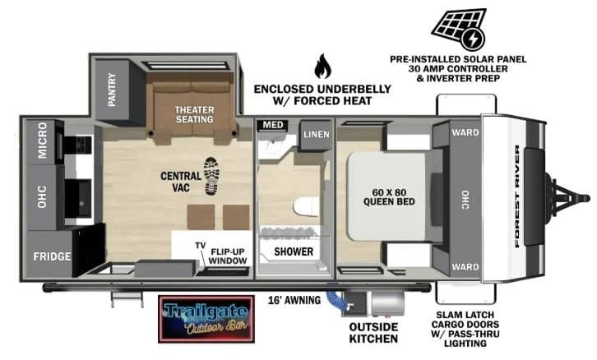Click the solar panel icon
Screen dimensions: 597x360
pos(459,29)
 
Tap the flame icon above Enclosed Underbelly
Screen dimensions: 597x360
pos(322,66)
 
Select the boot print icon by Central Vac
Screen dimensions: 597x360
pos(211,176)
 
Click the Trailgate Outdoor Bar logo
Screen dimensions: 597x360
pos(206,319)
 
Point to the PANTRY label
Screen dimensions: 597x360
pos(112,90)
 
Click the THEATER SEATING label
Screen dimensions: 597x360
pos(195,114)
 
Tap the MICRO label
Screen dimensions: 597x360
pos(42,140)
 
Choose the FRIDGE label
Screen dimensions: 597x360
pos(52,256)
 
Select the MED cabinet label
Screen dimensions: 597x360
pos(273,125)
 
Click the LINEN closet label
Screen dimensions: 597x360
pos(317,134)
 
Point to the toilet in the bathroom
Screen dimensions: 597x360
pos(306,207)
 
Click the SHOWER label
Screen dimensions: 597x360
pos(294,252)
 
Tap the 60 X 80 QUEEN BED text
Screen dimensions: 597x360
pos(389,197)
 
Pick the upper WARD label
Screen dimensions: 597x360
pos(465,133)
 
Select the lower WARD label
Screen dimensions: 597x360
pos(465,267)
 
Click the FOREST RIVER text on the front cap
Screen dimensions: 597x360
pos(517,196)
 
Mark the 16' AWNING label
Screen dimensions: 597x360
pos(294,300)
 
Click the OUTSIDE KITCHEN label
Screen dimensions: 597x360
pos(373,333)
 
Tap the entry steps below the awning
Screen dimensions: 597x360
pos(127,299)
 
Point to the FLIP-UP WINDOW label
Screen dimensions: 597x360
pos(228,256)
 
